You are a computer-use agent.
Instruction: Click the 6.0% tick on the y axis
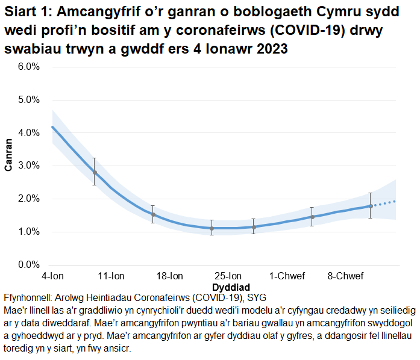[x=29, y=67]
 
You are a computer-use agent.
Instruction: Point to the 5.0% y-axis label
[x=29, y=100]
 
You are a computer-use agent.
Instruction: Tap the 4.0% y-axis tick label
[x=29, y=133]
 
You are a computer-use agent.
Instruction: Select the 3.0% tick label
[x=29, y=166]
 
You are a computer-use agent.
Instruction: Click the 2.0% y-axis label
[x=29, y=199]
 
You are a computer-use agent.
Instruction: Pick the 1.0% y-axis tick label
[x=29, y=232]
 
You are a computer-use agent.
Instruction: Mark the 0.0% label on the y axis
[x=29, y=265]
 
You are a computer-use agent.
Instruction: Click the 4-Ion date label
[x=52, y=276]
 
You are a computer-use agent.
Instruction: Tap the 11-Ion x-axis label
[x=111, y=276]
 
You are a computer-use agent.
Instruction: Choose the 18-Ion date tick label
[x=170, y=276]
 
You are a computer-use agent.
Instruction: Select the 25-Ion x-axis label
[x=228, y=276]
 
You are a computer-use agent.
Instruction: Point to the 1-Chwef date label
[x=287, y=276]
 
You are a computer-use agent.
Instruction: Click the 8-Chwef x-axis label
[x=345, y=276]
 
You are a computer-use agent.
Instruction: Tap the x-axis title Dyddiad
[x=231, y=287]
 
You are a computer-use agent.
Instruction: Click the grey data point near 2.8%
[x=95, y=173]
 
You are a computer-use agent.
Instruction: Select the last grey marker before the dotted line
[x=371, y=206]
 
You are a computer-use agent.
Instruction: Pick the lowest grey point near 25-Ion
[x=212, y=228]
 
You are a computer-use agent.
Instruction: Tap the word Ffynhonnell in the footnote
[x=30, y=298]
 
